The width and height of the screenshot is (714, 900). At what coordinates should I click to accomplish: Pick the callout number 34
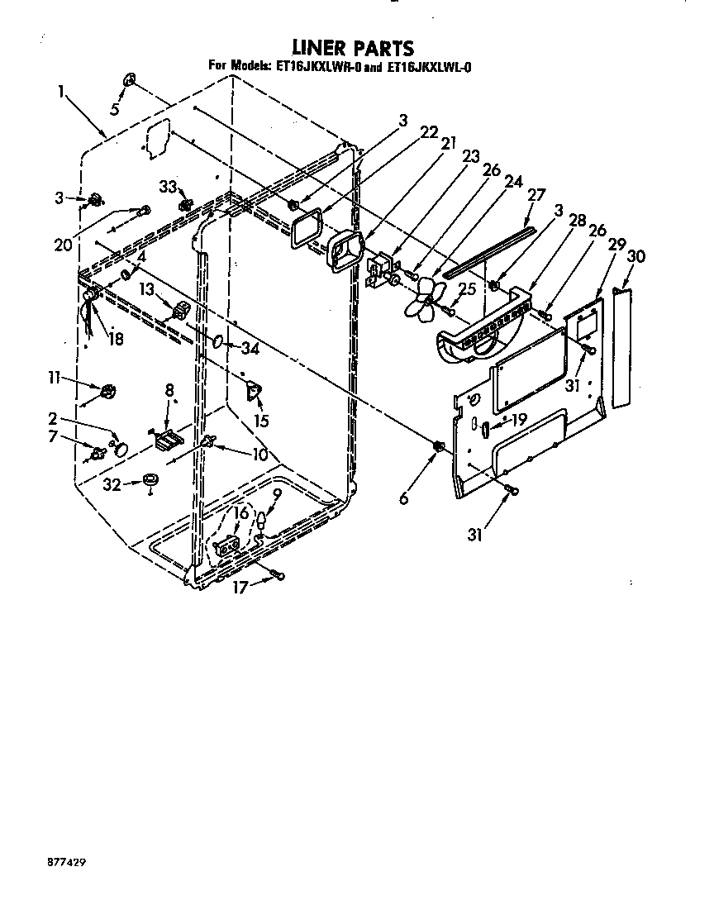point(250,348)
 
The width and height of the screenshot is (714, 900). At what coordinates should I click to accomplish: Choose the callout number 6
point(403,499)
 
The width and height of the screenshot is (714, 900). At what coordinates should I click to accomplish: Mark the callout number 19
point(517,420)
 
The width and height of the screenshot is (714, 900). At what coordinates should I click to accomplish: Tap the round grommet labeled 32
point(150,480)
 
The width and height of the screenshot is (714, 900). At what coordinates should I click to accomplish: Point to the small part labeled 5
point(130,80)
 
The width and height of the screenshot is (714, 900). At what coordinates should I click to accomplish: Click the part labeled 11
point(107,390)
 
